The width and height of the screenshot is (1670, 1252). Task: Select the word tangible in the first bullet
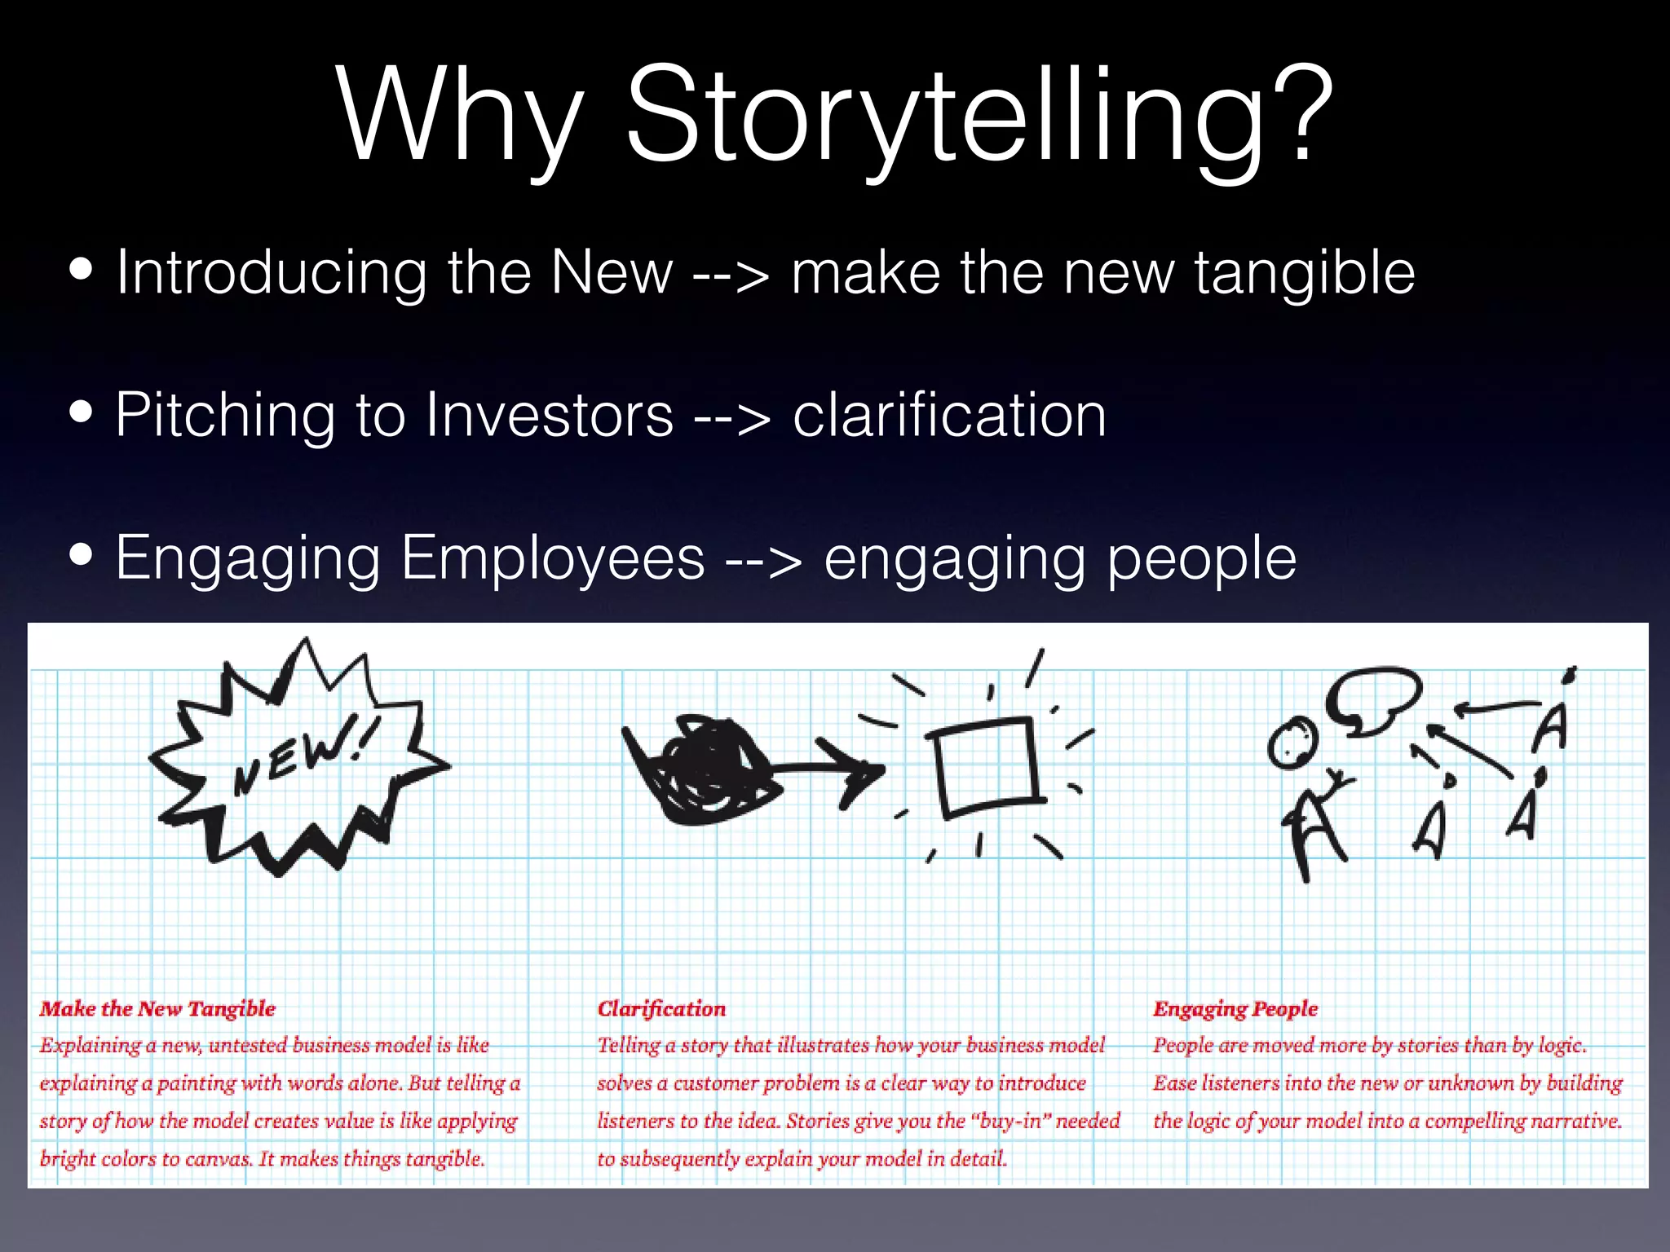[1305, 273]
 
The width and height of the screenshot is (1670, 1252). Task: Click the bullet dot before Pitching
[82, 412]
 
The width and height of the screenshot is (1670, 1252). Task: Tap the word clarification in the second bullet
[949, 416]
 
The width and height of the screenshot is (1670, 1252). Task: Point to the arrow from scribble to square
[828, 768]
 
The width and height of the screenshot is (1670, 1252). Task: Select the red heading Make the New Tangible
[157, 1009]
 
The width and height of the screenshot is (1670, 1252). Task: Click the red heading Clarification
[661, 1009]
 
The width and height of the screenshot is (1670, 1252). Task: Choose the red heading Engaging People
[1235, 1009]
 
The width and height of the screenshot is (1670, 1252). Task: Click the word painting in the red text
[196, 1084]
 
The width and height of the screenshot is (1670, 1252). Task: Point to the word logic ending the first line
[1562, 1046]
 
